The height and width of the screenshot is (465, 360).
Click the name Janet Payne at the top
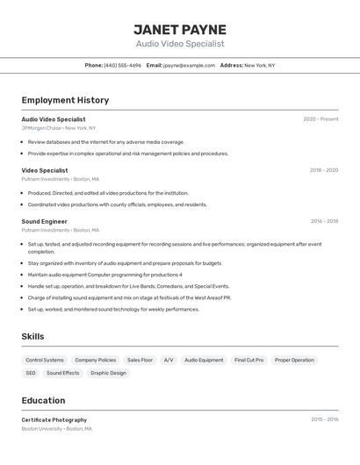click(x=180, y=30)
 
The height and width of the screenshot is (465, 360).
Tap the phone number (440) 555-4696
click(x=122, y=65)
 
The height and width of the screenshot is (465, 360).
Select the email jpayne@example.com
click(x=189, y=65)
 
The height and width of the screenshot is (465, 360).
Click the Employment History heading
click(x=65, y=100)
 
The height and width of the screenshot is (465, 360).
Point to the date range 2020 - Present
click(x=320, y=119)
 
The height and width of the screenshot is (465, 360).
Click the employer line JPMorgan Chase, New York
click(x=59, y=128)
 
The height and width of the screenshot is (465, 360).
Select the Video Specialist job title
click(x=45, y=170)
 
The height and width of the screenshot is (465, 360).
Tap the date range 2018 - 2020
click(x=323, y=170)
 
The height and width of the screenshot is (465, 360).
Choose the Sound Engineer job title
click(x=45, y=222)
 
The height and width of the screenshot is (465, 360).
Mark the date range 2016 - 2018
click(x=324, y=222)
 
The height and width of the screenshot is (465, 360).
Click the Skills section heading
click(x=33, y=336)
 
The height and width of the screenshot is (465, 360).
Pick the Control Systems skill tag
click(x=45, y=360)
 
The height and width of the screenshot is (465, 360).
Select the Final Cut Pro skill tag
click(x=248, y=360)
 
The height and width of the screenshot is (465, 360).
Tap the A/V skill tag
click(x=169, y=360)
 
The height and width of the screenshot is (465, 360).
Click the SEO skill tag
click(x=31, y=373)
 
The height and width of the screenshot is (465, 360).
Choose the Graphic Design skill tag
click(x=108, y=373)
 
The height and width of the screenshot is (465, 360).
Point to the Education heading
click(x=44, y=400)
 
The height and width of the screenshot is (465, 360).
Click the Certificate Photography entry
click(x=54, y=420)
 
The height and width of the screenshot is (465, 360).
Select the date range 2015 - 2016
click(x=324, y=420)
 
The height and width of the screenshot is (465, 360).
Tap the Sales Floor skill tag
click(x=140, y=360)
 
